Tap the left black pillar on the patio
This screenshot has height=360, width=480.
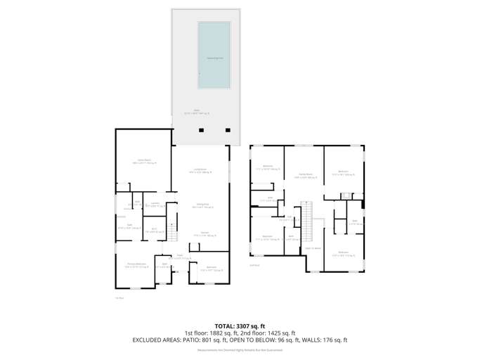[202, 130]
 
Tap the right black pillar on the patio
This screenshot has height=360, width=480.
[227, 130]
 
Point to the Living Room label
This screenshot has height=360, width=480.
[200, 170]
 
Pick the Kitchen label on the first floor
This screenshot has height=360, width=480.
[205, 234]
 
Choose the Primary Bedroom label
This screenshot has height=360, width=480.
[136, 266]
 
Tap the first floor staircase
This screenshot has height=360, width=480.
[170, 231]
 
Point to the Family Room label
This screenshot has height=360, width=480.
[305, 176]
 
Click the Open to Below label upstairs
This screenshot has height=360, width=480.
[313, 248]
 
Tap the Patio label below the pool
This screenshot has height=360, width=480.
[197, 111]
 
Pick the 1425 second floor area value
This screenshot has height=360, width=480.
[270, 333]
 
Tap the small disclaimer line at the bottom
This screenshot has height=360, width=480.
[240, 349]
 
